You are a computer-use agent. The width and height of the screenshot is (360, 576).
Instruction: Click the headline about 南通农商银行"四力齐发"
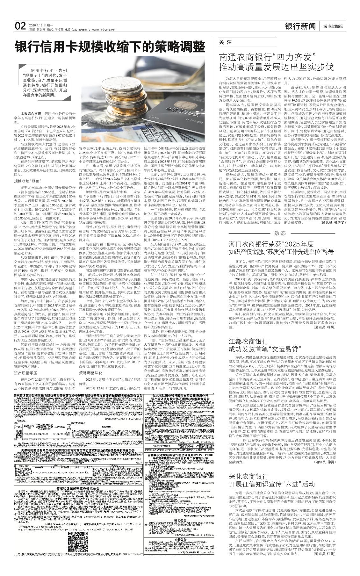[276, 62]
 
